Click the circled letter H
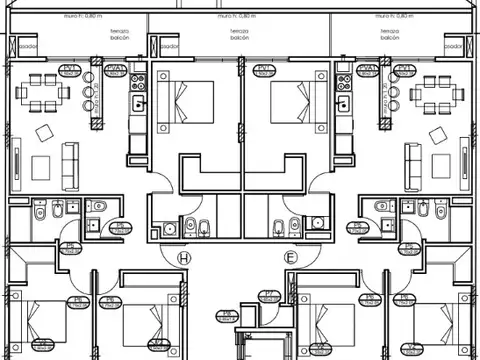(x=183, y=258)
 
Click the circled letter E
(x=291, y=258)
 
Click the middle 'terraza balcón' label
(x=239, y=37)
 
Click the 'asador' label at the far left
(x=29, y=47)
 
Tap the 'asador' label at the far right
(x=453, y=47)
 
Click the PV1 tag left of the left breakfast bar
(x=70, y=70)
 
